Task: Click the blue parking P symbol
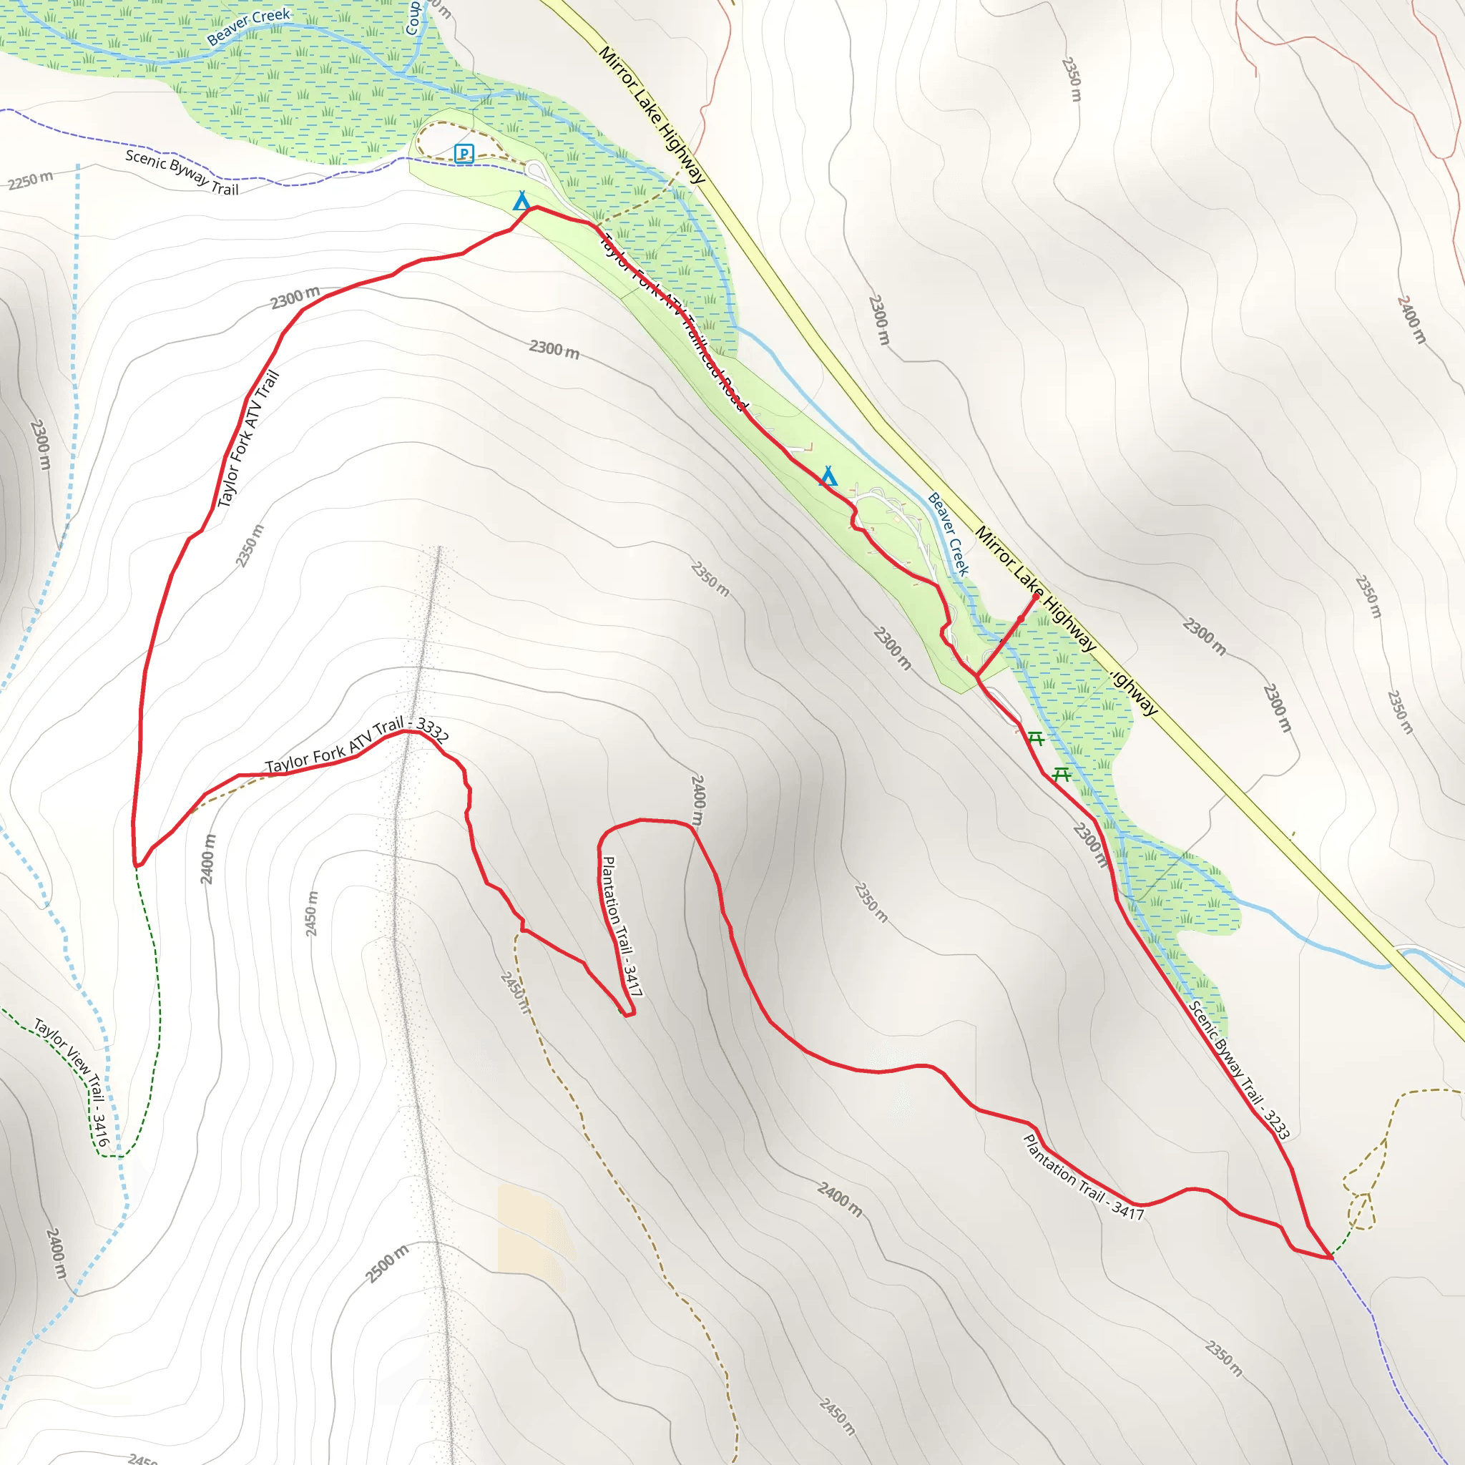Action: (x=464, y=154)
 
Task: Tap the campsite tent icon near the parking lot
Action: (x=521, y=201)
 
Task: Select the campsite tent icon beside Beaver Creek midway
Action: (x=829, y=476)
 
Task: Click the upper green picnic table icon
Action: (x=1035, y=738)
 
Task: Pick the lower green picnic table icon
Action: (x=1062, y=774)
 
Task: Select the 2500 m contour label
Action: (x=387, y=1264)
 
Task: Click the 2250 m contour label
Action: (x=30, y=180)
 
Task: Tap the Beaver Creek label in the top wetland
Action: (x=248, y=26)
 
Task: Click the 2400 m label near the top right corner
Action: (x=1411, y=319)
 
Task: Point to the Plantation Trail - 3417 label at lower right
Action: (x=1083, y=1177)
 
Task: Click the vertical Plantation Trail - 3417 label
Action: (x=621, y=926)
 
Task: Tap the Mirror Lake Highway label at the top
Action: (x=652, y=114)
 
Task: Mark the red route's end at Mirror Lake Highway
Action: (x=1037, y=596)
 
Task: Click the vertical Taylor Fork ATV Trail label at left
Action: (x=249, y=438)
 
